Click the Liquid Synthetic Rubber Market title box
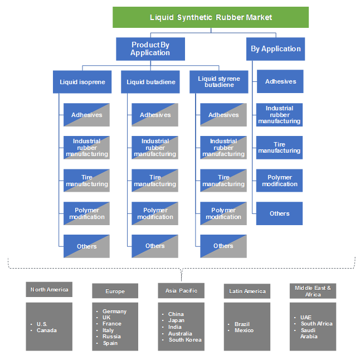[x=211, y=17]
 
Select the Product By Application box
[x=150, y=48]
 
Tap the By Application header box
[x=275, y=48]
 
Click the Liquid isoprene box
[x=82, y=82]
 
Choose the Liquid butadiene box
[x=150, y=82]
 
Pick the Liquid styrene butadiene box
[x=218, y=82]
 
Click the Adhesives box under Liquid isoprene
[x=86, y=115]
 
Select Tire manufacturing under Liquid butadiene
[x=155, y=181]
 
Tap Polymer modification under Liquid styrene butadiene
[x=223, y=213]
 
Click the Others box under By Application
[x=279, y=213]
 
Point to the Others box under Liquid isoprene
[x=86, y=246]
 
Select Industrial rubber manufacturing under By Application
[x=279, y=114]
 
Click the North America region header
[x=49, y=289]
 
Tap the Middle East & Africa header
[x=313, y=291]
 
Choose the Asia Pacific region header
[x=181, y=290]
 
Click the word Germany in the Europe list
[x=114, y=312]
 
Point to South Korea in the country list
[x=185, y=339]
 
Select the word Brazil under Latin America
[x=242, y=324]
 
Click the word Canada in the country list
[x=46, y=330]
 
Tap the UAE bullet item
[x=306, y=317]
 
